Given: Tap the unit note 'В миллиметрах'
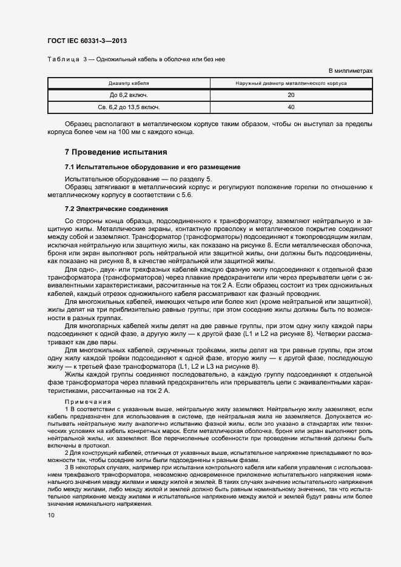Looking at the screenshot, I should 351,71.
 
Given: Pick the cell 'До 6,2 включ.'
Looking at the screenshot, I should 129,95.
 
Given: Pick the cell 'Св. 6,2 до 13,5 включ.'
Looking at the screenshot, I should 129,107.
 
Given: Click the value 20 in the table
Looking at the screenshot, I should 291,95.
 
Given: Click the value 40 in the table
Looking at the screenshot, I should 291,107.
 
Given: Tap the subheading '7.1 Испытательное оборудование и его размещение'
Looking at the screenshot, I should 152,167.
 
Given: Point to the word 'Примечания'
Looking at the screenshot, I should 87,402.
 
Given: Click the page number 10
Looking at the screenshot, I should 51,515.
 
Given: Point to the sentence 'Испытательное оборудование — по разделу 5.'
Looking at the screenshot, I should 138,179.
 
